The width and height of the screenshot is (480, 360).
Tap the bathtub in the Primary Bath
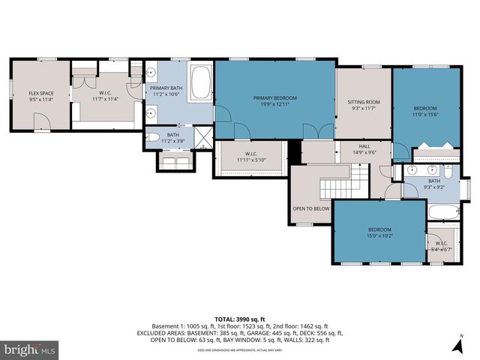click(201, 82)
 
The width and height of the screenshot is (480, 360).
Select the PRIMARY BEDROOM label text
click(274, 98)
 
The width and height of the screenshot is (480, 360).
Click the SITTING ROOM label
click(363, 102)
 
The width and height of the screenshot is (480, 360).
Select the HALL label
click(364, 146)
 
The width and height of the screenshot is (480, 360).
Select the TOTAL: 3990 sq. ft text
click(239, 319)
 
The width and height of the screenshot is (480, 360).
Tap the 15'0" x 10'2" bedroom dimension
click(379, 236)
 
